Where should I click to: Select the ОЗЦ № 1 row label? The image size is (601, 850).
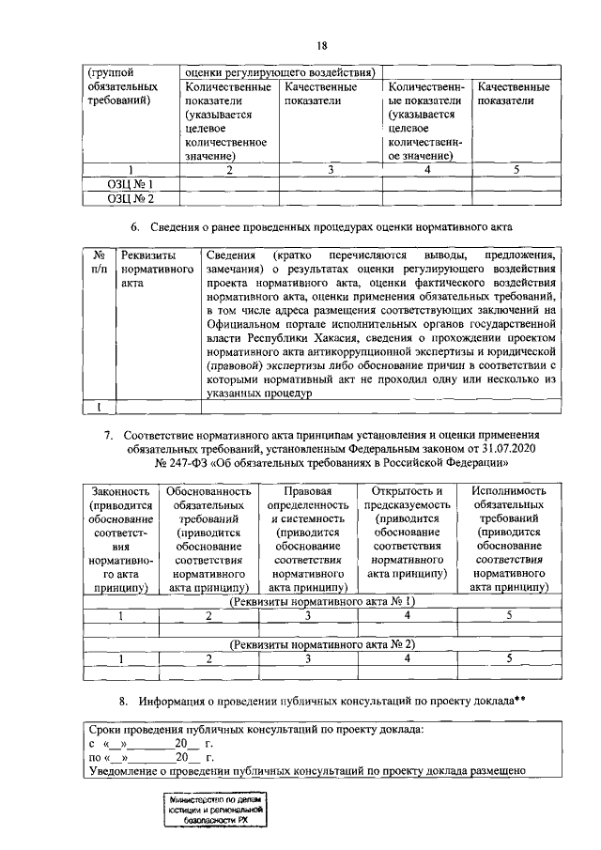[x=130, y=184]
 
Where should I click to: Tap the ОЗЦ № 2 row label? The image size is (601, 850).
[x=130, y=198]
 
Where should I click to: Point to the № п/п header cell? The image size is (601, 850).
[x=98, y=262]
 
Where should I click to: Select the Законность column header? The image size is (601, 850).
[x=119, y=491]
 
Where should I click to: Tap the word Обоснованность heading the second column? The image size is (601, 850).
[x=208, y=491]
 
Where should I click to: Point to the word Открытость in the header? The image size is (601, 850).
[x=408, y=491]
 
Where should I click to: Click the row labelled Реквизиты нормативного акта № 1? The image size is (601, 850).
[x=323, y=601]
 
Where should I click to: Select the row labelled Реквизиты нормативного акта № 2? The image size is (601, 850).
[x=323, y=643]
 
